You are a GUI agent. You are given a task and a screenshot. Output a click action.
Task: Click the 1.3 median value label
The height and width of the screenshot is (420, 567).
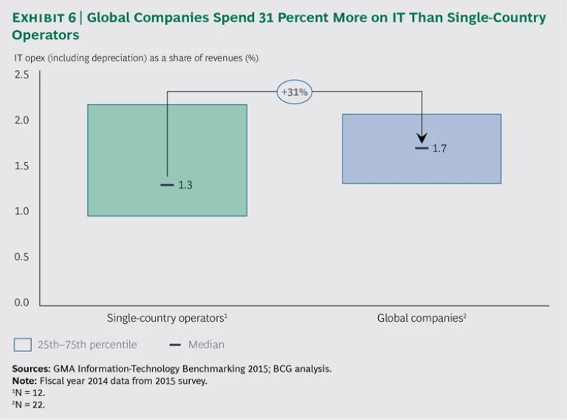click(185, 185)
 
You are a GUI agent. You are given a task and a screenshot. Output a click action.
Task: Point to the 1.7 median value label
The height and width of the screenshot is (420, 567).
click(439, 149)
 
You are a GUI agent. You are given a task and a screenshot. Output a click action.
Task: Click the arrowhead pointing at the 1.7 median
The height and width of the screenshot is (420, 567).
click(422, 139)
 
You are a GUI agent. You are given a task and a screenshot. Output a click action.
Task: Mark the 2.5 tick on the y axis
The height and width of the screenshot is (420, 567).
click(21, 75)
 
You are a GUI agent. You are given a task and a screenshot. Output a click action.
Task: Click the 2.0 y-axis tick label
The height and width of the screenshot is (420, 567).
click(21, 121)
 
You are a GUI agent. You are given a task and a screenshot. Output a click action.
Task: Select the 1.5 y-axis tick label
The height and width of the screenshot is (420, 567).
click(21, 166)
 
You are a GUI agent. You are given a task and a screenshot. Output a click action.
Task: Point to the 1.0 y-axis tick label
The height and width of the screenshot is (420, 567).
click(21, 212)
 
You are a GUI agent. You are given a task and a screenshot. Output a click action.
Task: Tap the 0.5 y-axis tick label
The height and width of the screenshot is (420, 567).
click(21, 257)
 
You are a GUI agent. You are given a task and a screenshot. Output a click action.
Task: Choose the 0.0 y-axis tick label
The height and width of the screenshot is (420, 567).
click(21, 303)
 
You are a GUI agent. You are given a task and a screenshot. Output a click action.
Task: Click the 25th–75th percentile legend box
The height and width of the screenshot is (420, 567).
click(23, 345)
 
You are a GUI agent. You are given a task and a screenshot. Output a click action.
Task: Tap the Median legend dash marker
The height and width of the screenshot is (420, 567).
click(175, 345)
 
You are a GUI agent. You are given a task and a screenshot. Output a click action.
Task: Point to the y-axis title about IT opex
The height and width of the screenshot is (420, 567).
click(135, 58)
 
